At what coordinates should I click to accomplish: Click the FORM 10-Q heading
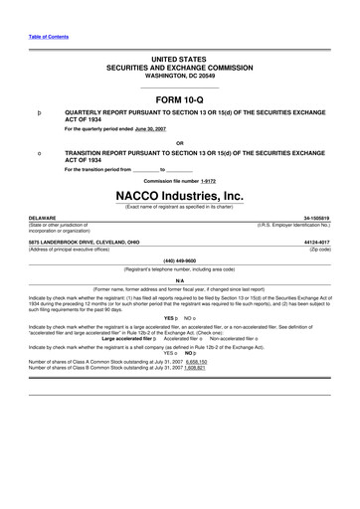[179, 100]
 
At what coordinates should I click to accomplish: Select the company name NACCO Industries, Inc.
[179, 196]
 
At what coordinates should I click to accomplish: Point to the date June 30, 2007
[155, 129]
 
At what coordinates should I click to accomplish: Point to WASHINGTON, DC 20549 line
[179, 75]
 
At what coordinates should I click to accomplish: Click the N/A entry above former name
[180, 280]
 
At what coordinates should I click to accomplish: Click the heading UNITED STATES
[179, 60]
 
